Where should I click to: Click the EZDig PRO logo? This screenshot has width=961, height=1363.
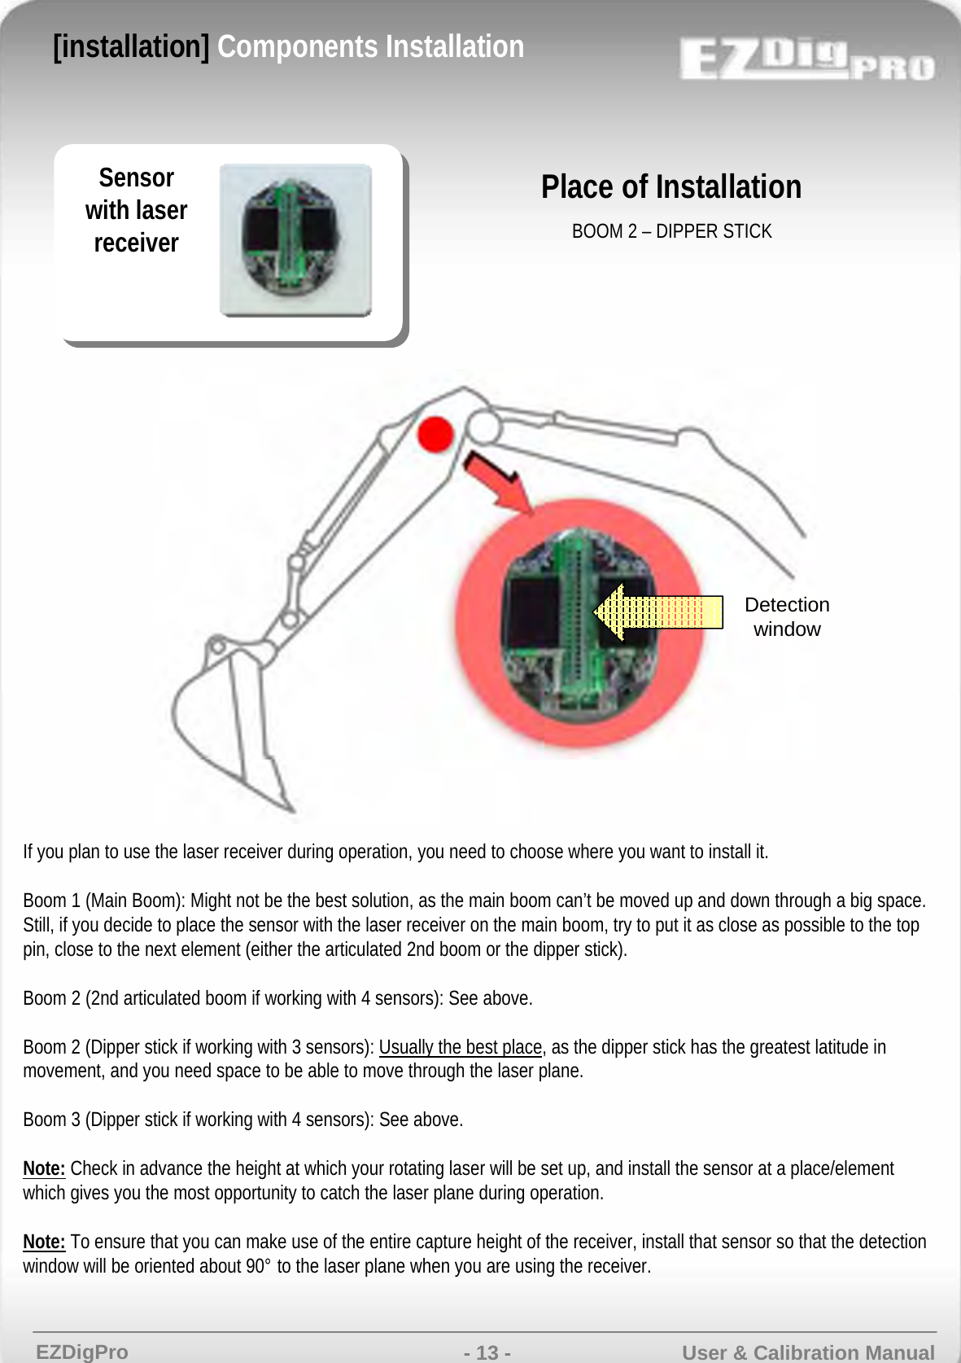point(806,59)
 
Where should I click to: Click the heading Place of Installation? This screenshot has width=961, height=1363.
point(671,187)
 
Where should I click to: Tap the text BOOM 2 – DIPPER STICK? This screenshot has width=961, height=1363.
point(671,231)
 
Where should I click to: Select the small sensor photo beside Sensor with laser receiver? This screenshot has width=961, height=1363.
point(295,240)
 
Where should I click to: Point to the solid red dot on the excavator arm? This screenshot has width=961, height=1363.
point(435,433)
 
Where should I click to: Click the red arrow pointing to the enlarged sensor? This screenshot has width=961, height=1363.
point(499,484)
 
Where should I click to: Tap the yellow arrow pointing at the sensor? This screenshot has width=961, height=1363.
point(657,612)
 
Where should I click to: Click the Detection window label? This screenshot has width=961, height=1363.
point(787,617)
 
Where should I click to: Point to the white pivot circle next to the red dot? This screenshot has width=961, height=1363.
point(483,426)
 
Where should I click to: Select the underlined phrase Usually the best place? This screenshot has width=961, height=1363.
point(460,1047)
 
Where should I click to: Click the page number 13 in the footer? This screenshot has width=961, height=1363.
point(487,1352)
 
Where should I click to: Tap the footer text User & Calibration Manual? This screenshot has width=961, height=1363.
point(808,1352)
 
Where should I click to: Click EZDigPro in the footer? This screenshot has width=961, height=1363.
point(82,1352)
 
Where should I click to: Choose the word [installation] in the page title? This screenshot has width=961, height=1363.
point(131,47)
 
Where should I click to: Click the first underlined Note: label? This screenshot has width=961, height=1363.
point(44,1169)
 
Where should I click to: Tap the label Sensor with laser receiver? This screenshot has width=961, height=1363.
point(137,210)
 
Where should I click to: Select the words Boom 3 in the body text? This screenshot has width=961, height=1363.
point(51,1120)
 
